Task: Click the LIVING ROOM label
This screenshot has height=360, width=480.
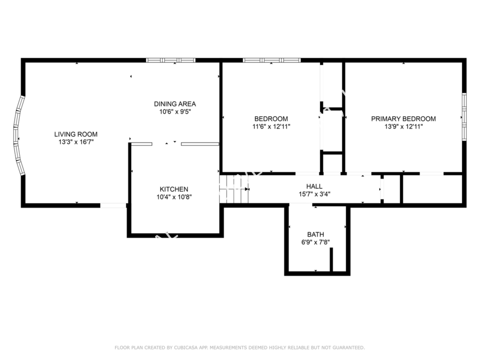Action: pyautogui.click(x=76, y=134)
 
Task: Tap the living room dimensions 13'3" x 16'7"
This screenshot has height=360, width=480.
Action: pyautogui.click(x=76, y=142)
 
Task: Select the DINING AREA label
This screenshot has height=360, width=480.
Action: pyautogui.click(x=175, y=104)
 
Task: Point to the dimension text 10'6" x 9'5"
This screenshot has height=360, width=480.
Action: pyautogui.click(x=175, y=112)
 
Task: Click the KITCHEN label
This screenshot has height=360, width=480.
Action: pyautogui.click(x=174, y=189)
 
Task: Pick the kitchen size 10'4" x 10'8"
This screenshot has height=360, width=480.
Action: pyautogui.click(x=174, y=197)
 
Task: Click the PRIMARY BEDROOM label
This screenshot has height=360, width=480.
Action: pyautogui.click(x=404, y=119)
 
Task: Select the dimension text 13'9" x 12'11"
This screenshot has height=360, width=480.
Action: pyautogui.click(x=404, y=127)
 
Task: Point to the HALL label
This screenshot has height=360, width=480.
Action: pyautogui.click(x=314, y=186)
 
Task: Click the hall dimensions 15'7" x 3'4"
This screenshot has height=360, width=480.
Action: pyautogui.click(x=314, y=194)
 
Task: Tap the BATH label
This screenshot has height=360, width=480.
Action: pyautogui.click(x=316, y=235)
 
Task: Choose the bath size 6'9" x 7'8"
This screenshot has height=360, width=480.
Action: pyautogui.click(x=316, y=243)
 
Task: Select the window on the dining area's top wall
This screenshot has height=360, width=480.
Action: pyautogui.click(x=171, y=60)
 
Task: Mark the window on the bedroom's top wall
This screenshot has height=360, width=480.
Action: pyautogui.click(x=271, y=60)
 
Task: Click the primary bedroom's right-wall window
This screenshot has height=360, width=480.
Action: pyautogui.click(x=464, y=117)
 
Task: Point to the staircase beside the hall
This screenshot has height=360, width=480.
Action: pyautogui.click(x=234, y=189)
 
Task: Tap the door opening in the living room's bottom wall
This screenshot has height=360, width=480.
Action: pyautogui.click(x=113, y=205)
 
